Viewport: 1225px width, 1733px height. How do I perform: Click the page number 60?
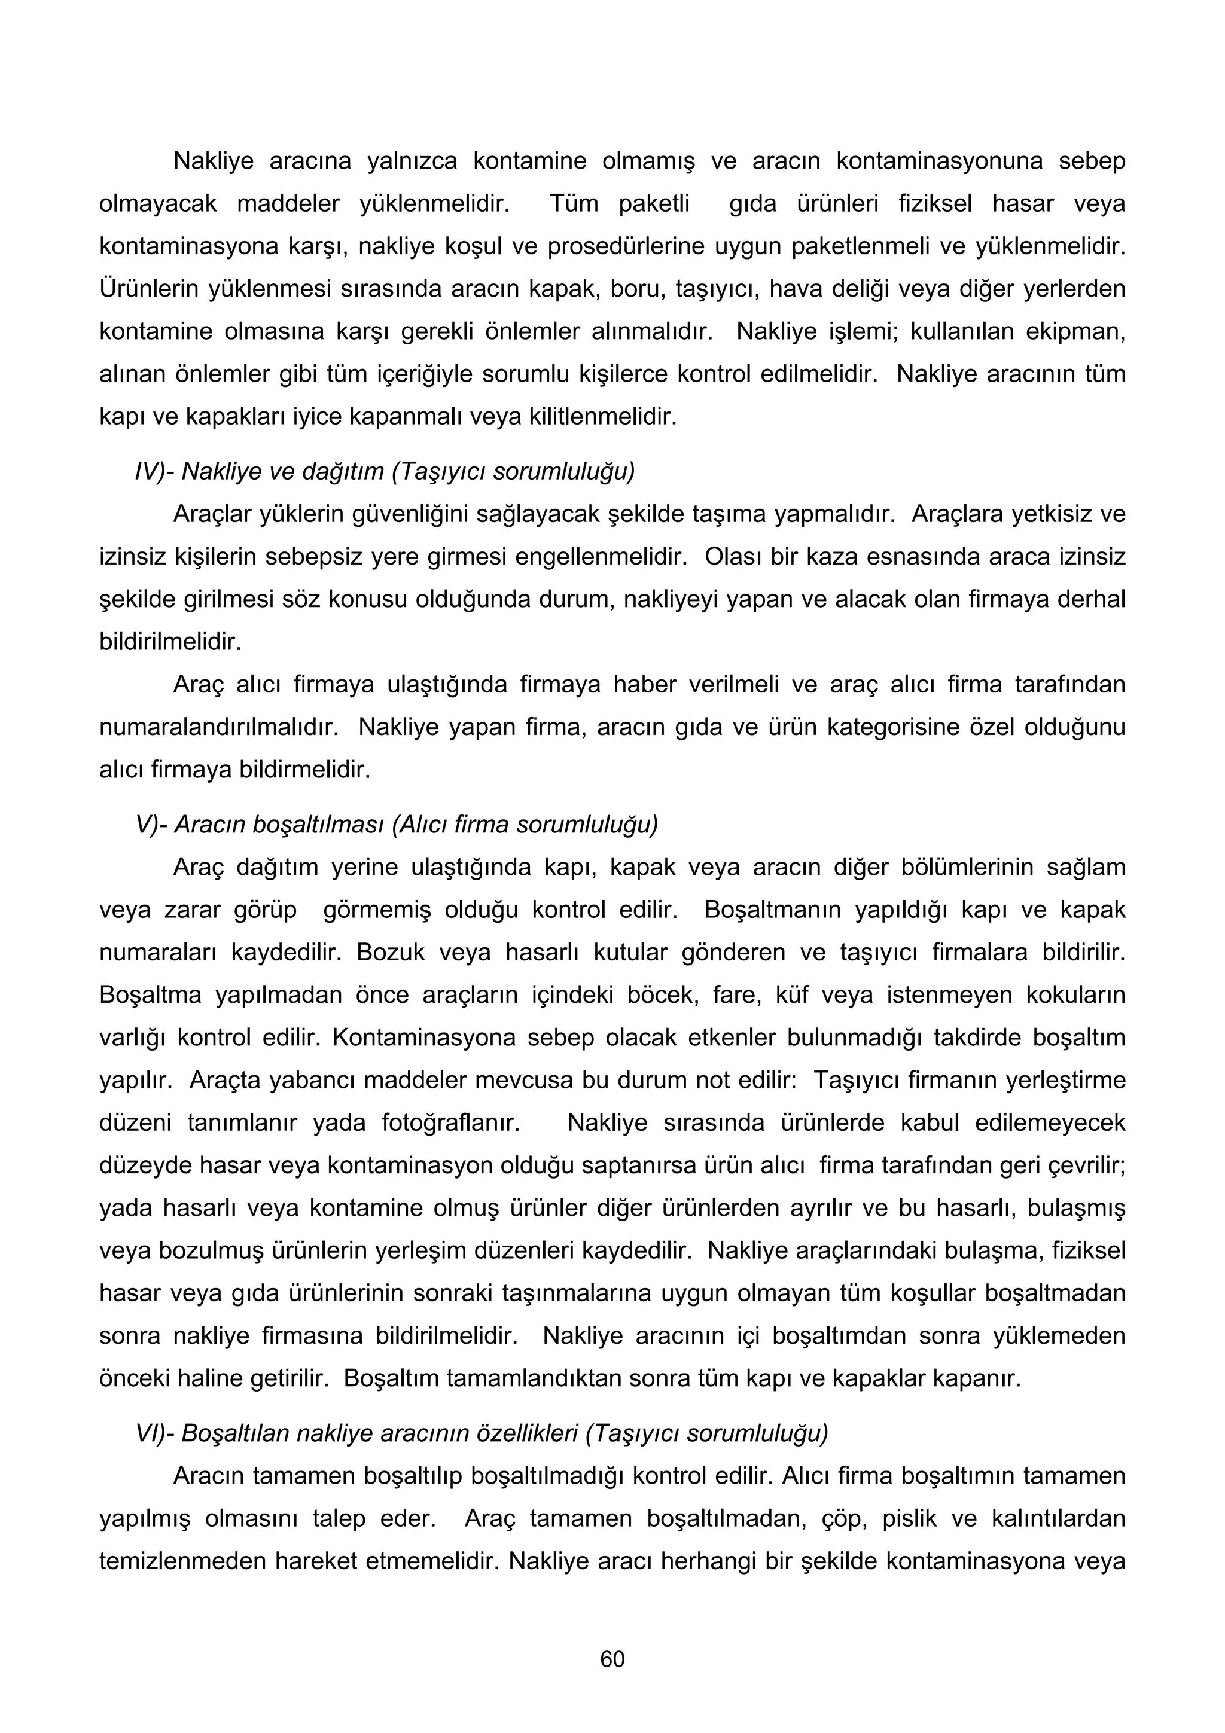pos(612,1659)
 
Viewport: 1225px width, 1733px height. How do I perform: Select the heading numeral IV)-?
pos(155,472)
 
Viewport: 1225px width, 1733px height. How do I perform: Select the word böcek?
pos(661,995)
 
